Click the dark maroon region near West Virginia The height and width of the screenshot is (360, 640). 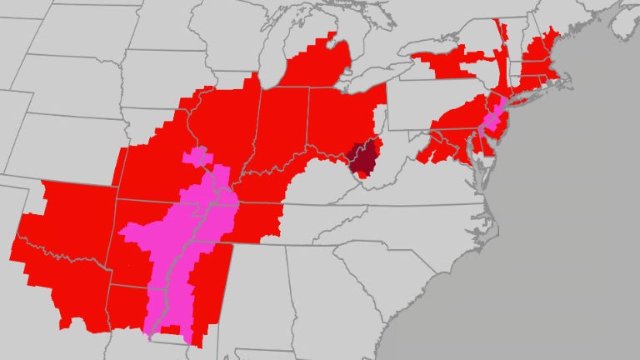tap(364, 157)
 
